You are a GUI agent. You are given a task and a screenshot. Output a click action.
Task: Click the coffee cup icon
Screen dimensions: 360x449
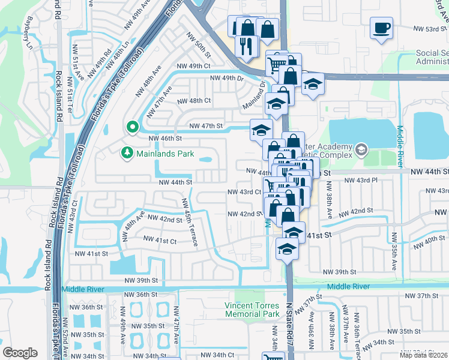click(382, 28)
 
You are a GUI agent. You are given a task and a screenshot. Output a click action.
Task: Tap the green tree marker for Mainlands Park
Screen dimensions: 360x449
click(127, 154)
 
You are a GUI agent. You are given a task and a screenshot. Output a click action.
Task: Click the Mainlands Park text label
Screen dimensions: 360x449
click(166, 154)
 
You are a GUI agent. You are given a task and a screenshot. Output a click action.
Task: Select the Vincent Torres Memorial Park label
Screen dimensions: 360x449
click(252, 310)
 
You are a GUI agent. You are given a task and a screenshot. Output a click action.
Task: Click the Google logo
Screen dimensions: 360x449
click(20, 353)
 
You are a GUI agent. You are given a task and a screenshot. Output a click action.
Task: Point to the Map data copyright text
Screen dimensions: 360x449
click(424, 355)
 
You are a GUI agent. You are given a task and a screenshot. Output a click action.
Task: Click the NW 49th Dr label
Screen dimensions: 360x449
click(226, 78)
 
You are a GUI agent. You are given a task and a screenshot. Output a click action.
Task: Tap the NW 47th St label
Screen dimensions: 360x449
click(206, 126)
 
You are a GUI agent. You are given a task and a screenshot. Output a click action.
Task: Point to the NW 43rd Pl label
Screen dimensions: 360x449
click(360, 179)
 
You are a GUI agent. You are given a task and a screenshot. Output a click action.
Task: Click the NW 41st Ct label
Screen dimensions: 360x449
click(160, 241)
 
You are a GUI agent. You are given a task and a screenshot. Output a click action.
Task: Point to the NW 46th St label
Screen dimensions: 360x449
click(165, 138)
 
